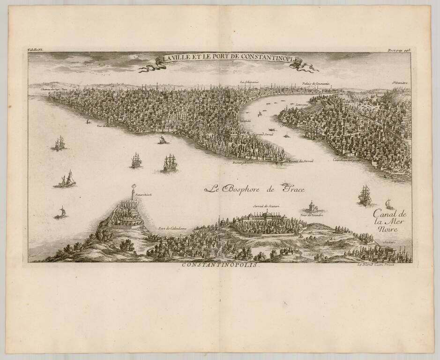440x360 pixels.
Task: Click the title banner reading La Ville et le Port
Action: [x=230, y=59]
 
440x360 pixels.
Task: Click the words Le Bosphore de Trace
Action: [x=254, y=189]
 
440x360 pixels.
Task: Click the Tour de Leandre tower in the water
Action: [x=311, y=207]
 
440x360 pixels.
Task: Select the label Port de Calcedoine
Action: [x=172, y=228]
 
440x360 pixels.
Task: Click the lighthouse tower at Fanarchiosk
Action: [x=133, y=192]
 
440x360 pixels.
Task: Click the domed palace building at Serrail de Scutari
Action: [x=268, y=217]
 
